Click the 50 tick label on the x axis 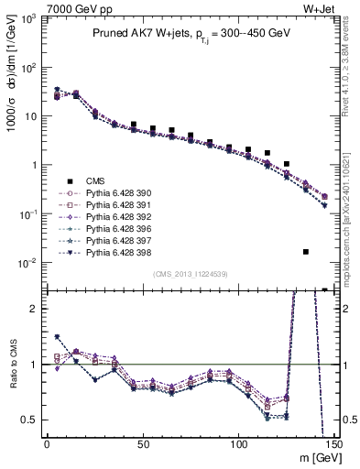click(143, 444)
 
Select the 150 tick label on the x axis click(335, 444)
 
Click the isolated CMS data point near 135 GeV click(306, 251)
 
